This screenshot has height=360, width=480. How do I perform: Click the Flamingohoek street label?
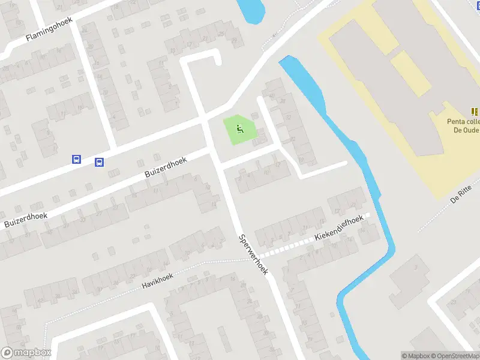49,29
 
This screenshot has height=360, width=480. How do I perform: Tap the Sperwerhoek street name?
253,254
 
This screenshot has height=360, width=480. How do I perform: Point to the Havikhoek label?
158,280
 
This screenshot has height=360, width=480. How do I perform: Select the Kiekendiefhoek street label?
338,229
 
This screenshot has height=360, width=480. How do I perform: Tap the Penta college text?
463,122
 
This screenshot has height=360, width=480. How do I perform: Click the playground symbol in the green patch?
240,127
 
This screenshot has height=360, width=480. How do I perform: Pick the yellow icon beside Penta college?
475,111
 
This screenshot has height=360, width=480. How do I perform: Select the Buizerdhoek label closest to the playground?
166,167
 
